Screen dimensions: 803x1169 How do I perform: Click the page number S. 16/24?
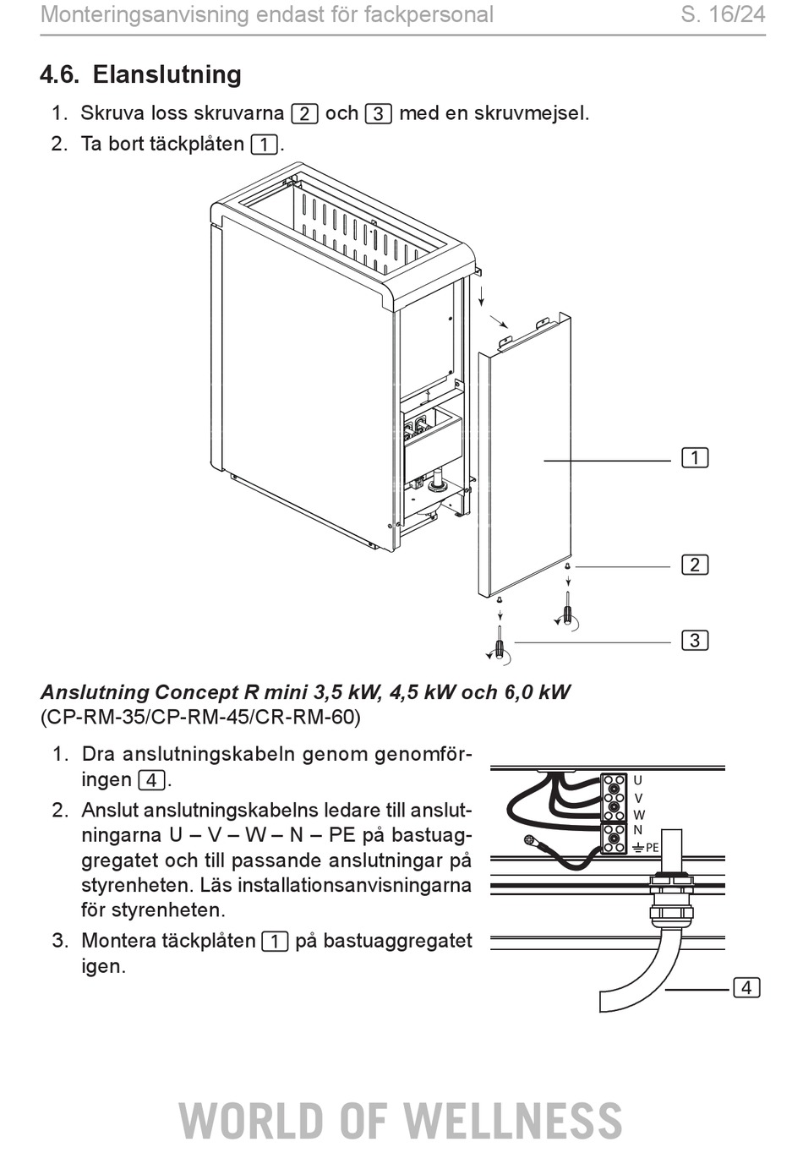point(723,14)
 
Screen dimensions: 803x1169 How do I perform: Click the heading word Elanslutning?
point(167,74)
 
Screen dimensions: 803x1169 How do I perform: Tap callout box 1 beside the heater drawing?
point(695,457)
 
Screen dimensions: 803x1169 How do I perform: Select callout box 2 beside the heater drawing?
point(695,565)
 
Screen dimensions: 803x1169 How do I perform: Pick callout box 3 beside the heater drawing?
point(695,641)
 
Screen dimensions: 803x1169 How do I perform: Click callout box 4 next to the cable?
point(746,987)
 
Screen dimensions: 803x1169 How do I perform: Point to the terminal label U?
point(637,780)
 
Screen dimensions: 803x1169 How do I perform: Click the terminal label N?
point(637,830)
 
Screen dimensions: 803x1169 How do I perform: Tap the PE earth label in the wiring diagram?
point(646,848)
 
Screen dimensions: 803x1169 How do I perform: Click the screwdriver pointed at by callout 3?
point(500,646)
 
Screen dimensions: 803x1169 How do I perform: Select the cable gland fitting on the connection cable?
point(671,899)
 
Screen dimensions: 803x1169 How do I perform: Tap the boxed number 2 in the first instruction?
point(304,114)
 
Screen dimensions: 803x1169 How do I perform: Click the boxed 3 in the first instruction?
point(379,114)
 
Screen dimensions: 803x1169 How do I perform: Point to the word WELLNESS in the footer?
point(513,1120)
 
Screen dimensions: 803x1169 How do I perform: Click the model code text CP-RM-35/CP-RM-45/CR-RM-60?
point(200,717)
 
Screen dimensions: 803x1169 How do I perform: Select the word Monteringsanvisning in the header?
point(145,15)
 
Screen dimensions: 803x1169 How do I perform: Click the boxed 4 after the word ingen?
point(152,781)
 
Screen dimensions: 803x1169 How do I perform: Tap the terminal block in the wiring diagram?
point(614,814)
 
